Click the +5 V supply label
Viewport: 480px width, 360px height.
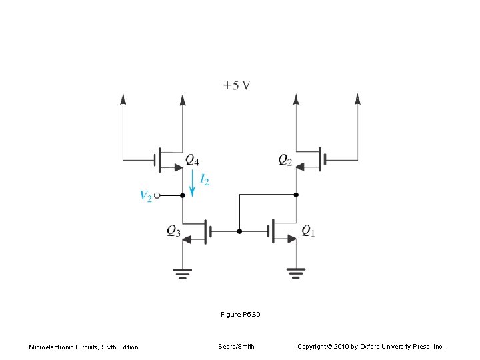[x=237, y=85]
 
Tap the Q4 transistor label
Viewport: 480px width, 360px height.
[x=192, y=159]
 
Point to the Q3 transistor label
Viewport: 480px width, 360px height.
[x=173, y=231]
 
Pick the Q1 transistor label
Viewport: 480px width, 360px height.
[x=308, y=231]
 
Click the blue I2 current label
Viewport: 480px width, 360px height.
[x=205, y=180]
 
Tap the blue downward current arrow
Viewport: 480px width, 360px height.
[x=193, y=183]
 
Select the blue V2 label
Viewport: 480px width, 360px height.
[x=146, y=195]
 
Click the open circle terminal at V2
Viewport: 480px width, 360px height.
[x=157, y=196]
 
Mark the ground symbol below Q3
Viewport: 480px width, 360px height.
[x=183, y=271]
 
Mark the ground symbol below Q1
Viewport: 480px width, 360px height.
[x=297, y=271]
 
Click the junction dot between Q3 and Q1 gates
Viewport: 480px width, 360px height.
[x=240, y=231]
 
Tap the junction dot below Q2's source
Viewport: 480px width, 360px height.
[x=297, y=195]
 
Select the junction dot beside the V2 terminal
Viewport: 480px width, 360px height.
[x=183, y=196]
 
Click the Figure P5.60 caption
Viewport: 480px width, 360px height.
[x=240, y=313]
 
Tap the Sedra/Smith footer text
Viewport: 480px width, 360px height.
[x=236, y=346]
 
